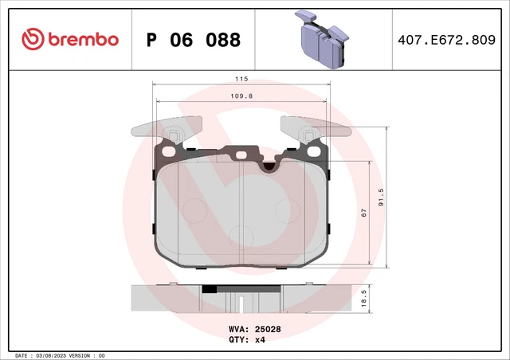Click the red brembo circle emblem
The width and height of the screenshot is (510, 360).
click(x=33, y=39)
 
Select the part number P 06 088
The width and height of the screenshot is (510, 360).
click(x=194, y=40)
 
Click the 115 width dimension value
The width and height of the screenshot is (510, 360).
click(x=242, y=80)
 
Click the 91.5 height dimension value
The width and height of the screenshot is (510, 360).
click(x=381, y=195)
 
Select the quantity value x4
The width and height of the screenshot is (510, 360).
click(x=259, y=339)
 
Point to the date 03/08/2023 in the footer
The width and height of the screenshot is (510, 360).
click(x=54, y=355)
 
